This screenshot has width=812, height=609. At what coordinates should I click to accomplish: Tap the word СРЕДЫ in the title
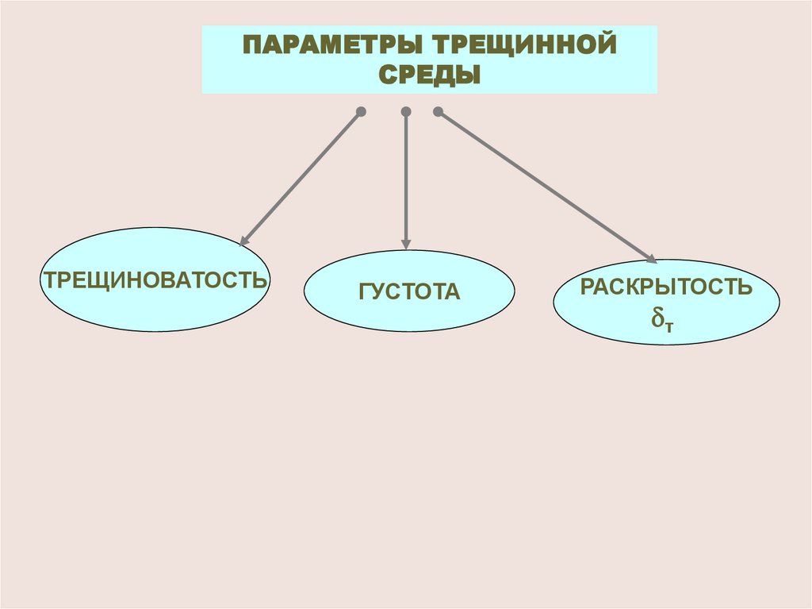429,75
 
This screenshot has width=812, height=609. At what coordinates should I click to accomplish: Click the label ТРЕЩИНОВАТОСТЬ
155,280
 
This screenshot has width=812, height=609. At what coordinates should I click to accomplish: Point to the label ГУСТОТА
409,292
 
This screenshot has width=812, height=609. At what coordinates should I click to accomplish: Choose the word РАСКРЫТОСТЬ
666,287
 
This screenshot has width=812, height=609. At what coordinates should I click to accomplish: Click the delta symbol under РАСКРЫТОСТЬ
657,318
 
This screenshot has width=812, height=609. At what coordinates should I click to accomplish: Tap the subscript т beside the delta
669,324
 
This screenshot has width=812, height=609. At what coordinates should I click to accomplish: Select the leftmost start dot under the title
361,112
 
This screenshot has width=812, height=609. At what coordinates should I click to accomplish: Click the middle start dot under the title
406,112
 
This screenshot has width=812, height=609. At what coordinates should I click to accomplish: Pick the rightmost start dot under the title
438,112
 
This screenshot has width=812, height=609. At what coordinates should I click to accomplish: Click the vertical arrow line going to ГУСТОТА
406,179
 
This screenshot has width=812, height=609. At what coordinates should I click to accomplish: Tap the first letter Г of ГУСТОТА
364,292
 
